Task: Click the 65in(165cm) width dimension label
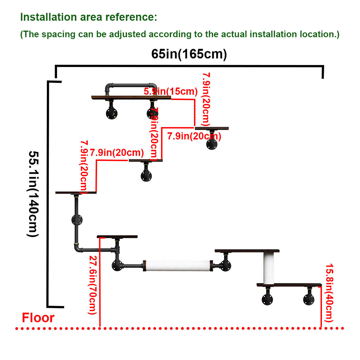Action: pos(189,54)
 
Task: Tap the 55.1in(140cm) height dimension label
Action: pos(34,194)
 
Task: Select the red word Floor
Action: pos(38,318)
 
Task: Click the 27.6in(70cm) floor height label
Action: pos(92,285)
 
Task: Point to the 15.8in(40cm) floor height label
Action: pos(329,293)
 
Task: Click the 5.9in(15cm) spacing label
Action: pos(170,91)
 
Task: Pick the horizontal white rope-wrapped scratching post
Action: pos(178,265)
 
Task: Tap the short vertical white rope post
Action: pos(269,268)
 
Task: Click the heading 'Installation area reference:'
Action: pos(88,17)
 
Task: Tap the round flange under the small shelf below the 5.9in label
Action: pos(212,144)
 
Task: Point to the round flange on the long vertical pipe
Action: pos(77,220)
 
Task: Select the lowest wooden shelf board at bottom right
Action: pos(289,285)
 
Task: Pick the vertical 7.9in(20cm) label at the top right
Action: pos(206,99)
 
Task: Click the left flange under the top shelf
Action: pos(111,113)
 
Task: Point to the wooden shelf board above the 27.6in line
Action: pos(117,237)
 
